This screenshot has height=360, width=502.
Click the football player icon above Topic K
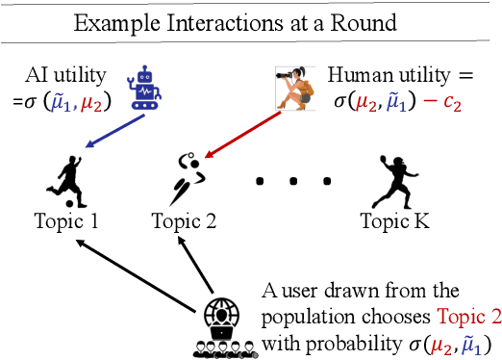[391, 180]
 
